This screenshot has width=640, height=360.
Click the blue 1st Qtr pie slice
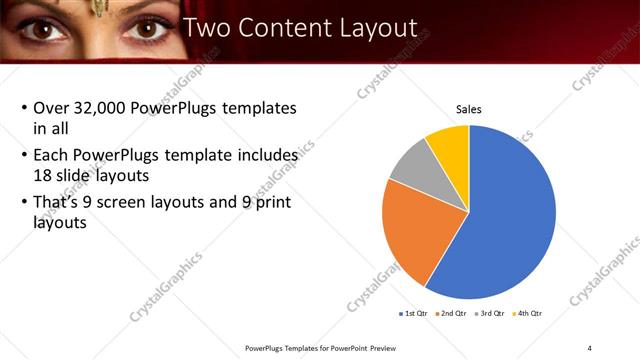(510, 215)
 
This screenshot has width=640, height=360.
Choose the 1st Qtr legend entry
(414, 314)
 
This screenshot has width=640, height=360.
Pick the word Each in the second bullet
(51, 156)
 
